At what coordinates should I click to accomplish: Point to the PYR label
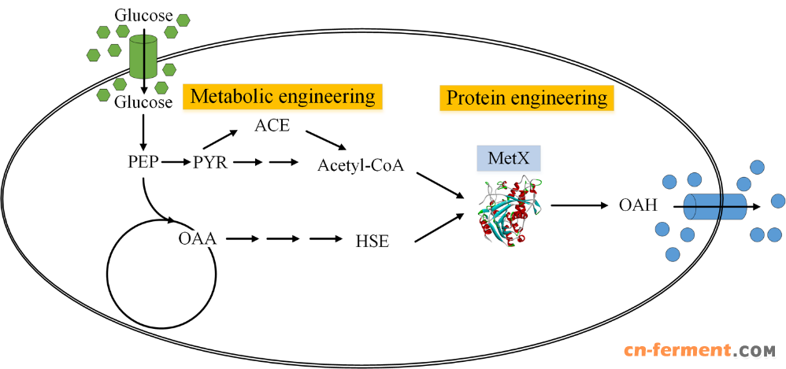click(x=209, y=164)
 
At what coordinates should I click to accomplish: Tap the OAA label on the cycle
click(x=197, y=236)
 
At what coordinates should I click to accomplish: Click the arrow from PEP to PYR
click(x=176, y=164)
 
